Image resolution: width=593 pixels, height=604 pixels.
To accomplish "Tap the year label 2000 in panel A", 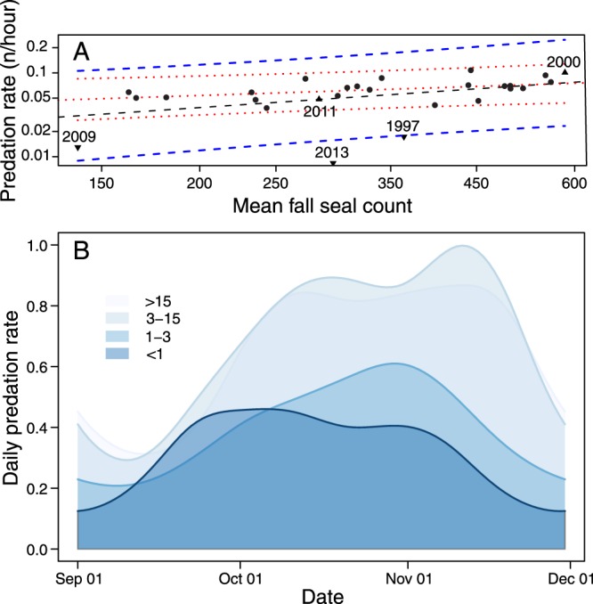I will click(x=564, y=61).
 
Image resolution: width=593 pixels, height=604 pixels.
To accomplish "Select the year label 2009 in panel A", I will click(x=77, y=135).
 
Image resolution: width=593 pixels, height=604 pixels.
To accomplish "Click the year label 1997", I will click(x=403, y=127).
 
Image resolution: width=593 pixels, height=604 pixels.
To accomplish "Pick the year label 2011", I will click(x=319, y=111).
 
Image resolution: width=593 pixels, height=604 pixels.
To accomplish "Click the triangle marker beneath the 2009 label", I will click(x=77, y=148).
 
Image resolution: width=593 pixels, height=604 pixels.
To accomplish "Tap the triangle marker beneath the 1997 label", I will click(x=403, y=137).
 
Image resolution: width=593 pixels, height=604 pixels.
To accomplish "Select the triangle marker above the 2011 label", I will click(x=319, y=98).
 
